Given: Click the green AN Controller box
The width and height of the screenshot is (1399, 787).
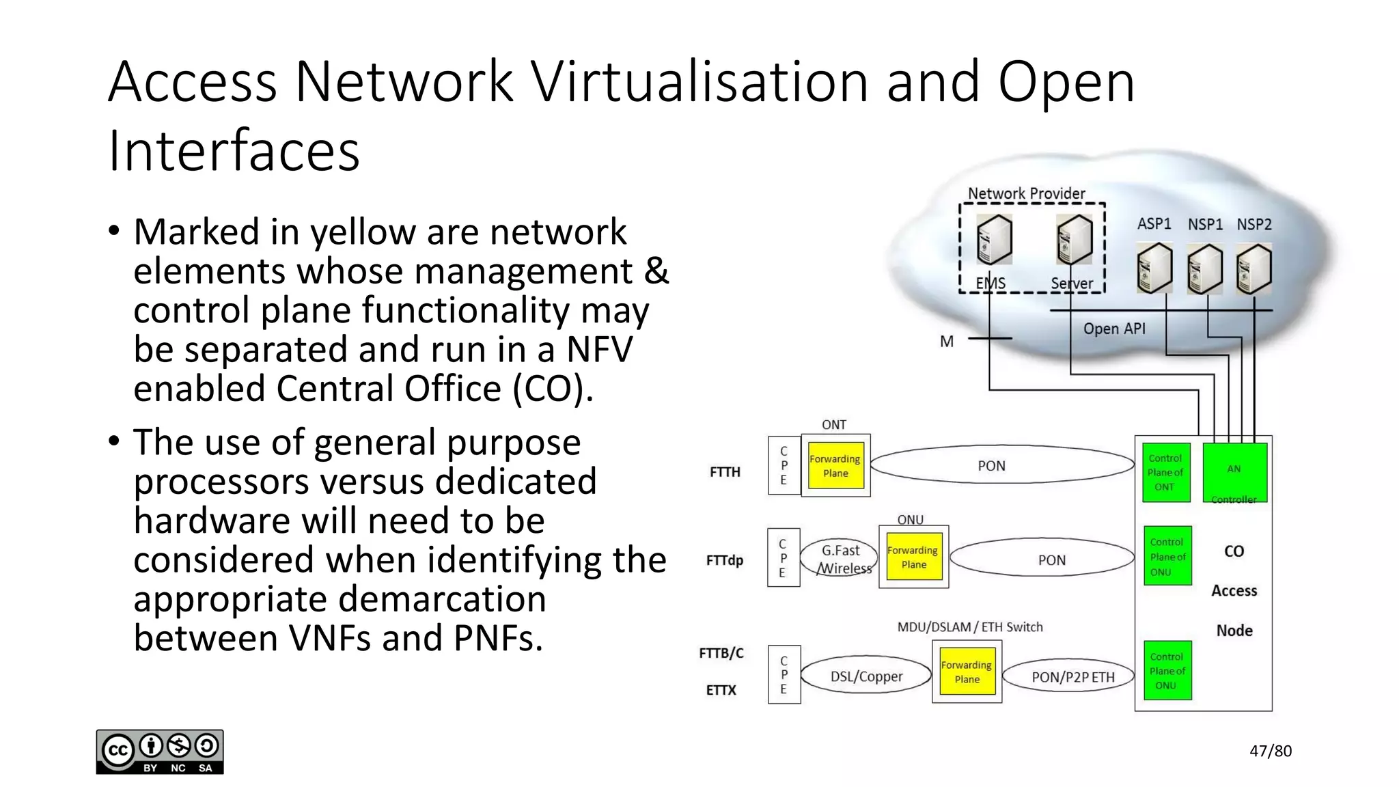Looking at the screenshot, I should (1234, 472).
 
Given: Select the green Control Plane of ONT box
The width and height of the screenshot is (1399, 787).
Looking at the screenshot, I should (1165, 472).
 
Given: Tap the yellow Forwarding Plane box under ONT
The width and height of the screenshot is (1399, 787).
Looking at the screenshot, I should (835, 465).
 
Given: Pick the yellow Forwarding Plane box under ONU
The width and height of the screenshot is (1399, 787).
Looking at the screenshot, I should (913, 557).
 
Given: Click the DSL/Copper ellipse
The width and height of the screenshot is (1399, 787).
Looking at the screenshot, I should (865, 676).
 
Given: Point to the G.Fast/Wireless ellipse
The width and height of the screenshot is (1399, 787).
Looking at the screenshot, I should (841, 559).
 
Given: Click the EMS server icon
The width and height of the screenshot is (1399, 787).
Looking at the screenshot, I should (994, 240).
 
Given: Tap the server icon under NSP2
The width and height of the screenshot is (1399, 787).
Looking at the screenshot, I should (1254, 269).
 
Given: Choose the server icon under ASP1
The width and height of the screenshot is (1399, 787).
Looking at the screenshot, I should (1154, 269).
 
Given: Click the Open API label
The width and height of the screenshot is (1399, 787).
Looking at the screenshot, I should (1113, 329).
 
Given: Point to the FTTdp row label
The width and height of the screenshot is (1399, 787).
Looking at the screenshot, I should (724, 560).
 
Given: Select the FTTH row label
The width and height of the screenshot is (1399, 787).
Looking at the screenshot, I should (725, 471).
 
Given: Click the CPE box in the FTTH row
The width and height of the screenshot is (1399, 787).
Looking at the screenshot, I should (784, 465).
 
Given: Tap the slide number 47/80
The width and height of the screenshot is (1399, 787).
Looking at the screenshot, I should (1270, 751).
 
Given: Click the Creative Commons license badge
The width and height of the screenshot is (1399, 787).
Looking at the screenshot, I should (160, 751).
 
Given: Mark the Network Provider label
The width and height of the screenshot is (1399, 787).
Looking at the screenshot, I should (1026, 193).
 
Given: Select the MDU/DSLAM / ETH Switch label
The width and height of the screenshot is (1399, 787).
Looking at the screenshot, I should (969, 626).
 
